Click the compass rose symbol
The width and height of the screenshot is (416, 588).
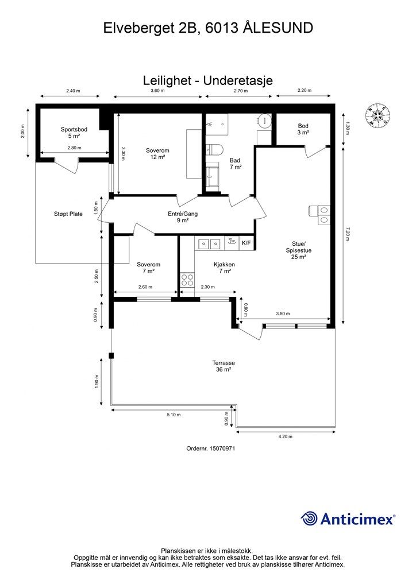[378, 115]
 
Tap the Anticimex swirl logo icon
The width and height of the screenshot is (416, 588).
[309, 519]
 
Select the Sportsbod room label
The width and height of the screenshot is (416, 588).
[74, 129]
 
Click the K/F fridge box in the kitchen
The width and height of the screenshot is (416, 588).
[246, 243]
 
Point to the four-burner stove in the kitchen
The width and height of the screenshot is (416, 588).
[187, 280]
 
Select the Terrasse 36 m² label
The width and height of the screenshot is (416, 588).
[224, 366]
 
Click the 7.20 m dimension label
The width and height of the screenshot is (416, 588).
[348, 234]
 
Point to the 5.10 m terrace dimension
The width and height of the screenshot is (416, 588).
[174, 415]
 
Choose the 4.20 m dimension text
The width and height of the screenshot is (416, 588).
[286, 436]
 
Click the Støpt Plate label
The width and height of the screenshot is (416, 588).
[68, 214]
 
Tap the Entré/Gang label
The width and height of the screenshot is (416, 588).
[183, 214]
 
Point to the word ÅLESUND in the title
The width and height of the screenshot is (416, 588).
[278, 28]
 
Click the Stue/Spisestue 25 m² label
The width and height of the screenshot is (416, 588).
[299, 250]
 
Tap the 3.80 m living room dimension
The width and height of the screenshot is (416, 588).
[283, 314]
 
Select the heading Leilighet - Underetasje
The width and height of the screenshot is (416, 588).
[208, 80]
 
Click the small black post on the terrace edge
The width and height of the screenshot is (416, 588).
[111, 356]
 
